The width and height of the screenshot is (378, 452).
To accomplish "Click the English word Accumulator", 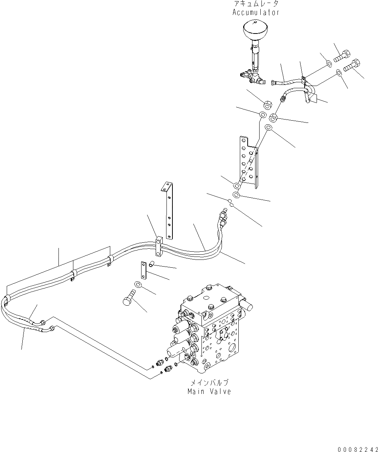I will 255,12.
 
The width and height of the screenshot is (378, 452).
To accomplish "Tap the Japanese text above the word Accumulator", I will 255,4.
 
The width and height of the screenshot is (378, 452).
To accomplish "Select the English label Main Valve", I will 209,391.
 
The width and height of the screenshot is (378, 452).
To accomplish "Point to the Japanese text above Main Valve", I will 209,383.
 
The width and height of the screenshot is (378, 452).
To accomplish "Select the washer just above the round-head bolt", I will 138,285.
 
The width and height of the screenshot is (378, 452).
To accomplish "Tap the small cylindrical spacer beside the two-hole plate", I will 152,265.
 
